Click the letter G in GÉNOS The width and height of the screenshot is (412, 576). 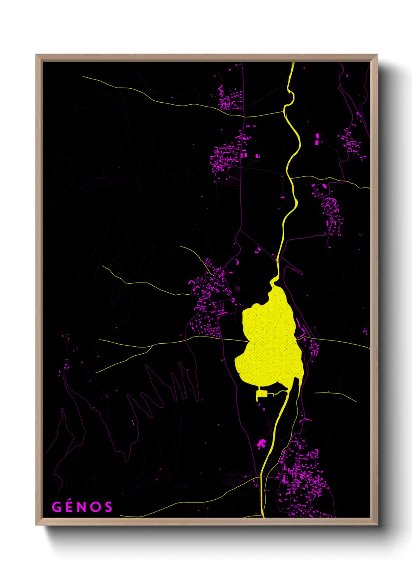coord(57,507)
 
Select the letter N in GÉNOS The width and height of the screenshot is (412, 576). coord(82,507)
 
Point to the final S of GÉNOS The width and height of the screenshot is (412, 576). coord(108,507)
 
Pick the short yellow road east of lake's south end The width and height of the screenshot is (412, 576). coord(335,395)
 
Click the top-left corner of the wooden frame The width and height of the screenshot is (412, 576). coord(37,55)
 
